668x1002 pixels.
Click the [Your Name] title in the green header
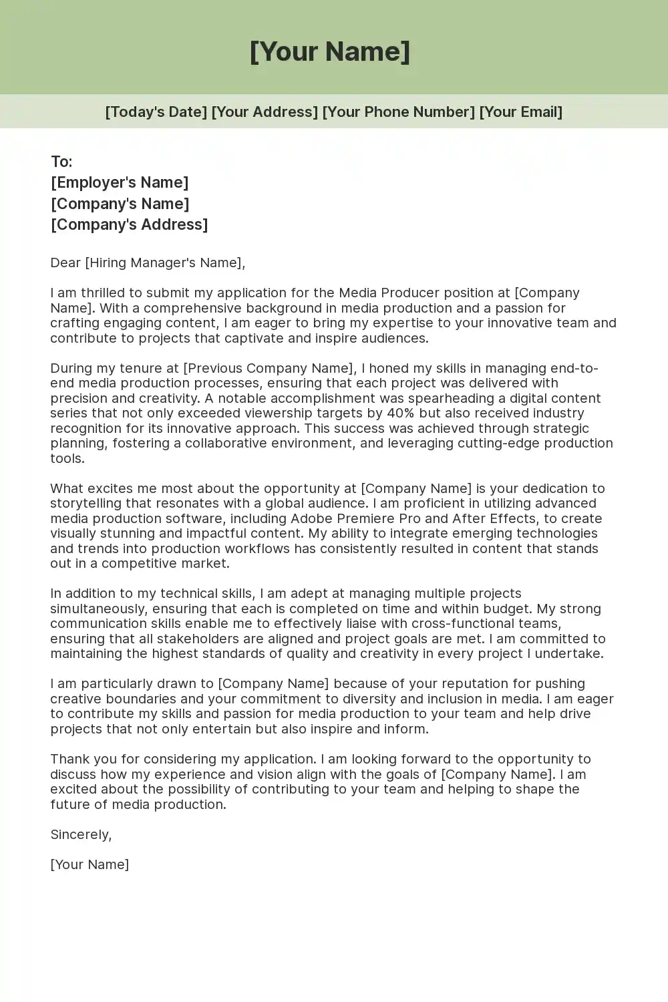[x=330, y=51]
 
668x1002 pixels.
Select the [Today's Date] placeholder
[x=156, y=112]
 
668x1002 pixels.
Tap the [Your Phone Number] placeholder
[x=398, y=112]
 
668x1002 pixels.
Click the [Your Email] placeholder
[x=520, y=112]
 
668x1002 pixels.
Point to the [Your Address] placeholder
[x=265, y=112]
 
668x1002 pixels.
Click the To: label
[x=61, y=162]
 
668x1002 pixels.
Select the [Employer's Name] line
[x=120, y=182]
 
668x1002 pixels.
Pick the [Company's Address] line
[x=129, y=224]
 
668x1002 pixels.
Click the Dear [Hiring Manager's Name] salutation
[x=148, y=263]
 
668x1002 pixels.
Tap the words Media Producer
[x=382, y=293]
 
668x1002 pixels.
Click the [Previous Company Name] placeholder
[x=268, y=368]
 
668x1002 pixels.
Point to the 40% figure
[x=401, y=413]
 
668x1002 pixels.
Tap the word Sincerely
[x=80, y=834]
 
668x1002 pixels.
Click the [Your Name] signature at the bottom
[x=90, y=864]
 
